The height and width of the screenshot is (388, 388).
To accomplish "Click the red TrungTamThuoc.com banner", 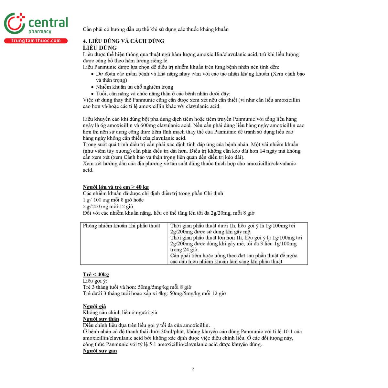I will click(x=36, y=41).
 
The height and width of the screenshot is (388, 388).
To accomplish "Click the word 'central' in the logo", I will click(x=48, y=23).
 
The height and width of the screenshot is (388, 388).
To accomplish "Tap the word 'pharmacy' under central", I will click(x=40, y=32).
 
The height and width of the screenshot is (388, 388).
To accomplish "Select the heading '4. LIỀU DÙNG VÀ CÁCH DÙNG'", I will click(x=123, y=41).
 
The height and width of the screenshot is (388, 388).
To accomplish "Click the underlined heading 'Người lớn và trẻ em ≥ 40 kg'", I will click(x=115, y=187).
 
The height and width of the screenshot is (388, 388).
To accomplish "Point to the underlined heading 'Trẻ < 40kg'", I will click(x=96, y=275).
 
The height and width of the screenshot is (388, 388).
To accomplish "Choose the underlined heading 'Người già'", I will click(x=94, y=306).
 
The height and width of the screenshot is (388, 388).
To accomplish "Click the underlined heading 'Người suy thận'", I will click(x=101, y=319).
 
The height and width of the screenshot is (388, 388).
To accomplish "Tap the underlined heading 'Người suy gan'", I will click(x=100, y=351).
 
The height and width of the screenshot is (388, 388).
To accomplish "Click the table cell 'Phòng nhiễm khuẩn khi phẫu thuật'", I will click(x=122, y=226).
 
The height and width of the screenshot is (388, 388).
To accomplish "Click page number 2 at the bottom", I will click(x=193, y=369).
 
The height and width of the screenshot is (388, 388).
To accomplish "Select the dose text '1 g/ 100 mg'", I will click(x=96, y=200).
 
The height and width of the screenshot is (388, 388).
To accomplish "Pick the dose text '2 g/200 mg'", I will click(x=95, y=207).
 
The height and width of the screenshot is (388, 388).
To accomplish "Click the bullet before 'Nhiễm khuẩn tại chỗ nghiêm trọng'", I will click(x=92, y=87).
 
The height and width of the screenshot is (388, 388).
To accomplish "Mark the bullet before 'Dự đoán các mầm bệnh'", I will click(x=92, y=74).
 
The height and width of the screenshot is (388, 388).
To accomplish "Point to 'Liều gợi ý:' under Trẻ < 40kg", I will click(x=95, y=281).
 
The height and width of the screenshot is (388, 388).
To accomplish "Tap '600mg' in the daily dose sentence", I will click(x=147, y=125).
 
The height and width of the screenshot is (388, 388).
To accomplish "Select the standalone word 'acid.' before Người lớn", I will click(x=88, y=170).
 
